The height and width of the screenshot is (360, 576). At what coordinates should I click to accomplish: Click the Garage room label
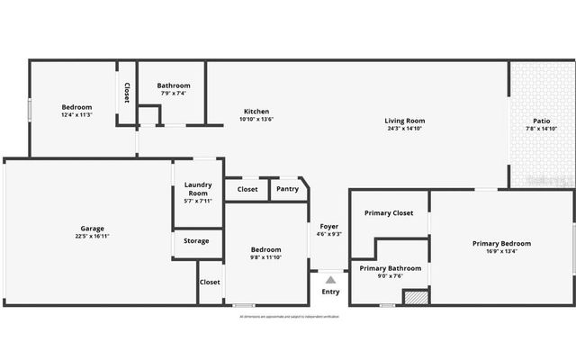coord(92,229)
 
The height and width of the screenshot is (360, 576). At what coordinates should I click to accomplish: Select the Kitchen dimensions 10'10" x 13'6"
coord(256,119)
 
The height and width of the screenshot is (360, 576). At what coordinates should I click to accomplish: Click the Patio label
coord(541,121)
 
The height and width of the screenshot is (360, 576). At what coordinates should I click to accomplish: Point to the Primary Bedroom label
coord(501,243)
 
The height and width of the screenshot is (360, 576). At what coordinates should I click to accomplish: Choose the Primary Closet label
coord(389,213)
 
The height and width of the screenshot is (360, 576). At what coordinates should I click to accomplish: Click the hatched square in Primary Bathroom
coord(415,296)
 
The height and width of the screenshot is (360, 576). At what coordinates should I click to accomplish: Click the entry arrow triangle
coord(330,280)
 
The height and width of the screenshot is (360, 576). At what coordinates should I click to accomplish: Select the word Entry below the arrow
coord(330,292)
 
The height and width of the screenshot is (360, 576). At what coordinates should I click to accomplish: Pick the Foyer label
coord(329,226)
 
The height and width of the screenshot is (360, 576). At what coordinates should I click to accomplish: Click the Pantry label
coord(287,189)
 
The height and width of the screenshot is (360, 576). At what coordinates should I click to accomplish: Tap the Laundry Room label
coord(198,188)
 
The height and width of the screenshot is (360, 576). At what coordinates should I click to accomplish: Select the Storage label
coord(196,240)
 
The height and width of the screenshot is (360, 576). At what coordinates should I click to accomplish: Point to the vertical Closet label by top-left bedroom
coord(127,94)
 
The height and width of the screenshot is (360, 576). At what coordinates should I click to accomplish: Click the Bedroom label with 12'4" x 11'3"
coord(76,107)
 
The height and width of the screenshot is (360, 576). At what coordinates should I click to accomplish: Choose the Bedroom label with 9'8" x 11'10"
coord(265,249)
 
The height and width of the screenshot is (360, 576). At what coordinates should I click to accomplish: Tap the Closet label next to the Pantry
coord(247,189)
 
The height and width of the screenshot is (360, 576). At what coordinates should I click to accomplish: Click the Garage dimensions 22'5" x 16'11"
coord(92,237)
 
